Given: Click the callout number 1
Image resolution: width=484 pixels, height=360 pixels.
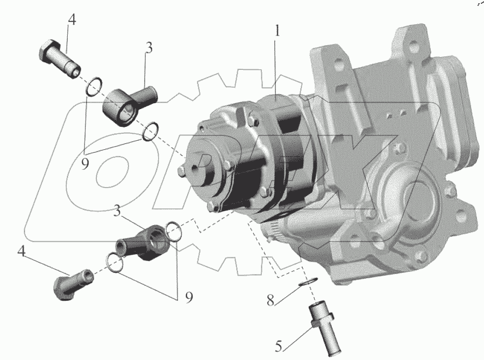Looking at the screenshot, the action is [x=277, y=31].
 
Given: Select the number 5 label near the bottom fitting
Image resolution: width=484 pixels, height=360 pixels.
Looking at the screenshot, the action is [x=279, y=346].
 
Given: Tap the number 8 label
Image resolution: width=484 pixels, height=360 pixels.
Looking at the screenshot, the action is [x=271, y=300].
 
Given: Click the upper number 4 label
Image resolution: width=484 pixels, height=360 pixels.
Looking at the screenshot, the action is [x=72, y=20].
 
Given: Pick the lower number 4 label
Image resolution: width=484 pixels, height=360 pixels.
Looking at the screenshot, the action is [x=22, y=251].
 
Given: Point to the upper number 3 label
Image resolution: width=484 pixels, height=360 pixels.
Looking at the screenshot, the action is [x=149, y=48].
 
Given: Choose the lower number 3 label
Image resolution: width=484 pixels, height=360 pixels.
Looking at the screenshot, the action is [x=117, y=211].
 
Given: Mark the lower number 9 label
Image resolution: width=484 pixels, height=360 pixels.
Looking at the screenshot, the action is [x=189, y=297].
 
